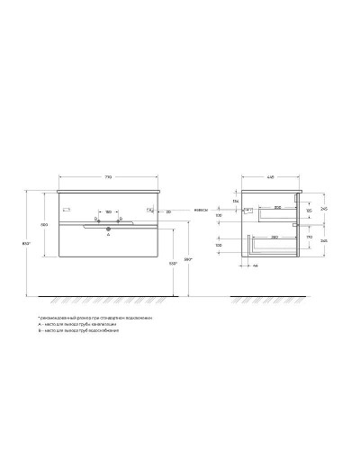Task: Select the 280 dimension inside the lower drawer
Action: point(272,236)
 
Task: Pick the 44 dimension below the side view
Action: point(255,266)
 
